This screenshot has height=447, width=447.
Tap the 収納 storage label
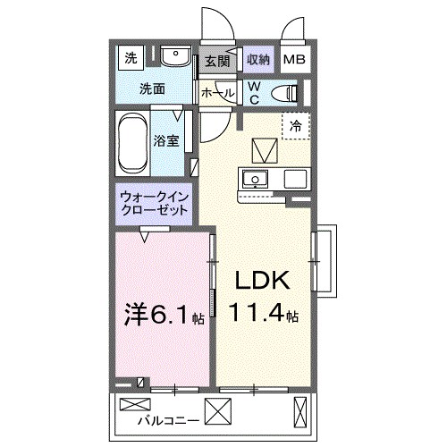pos(257,61)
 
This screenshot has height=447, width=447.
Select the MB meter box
pos(294,61)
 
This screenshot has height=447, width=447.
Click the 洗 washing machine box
pos(131,60)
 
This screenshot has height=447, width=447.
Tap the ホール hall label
pos(217,92)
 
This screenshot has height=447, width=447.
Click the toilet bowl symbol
pos(285,92)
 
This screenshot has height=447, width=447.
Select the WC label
pos(254,92)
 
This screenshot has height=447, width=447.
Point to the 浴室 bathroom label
pos(167,140)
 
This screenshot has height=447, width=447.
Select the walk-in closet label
pos(155,204)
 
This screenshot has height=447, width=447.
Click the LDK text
pos(261,282)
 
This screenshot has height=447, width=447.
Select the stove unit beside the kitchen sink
pos(296,178)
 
